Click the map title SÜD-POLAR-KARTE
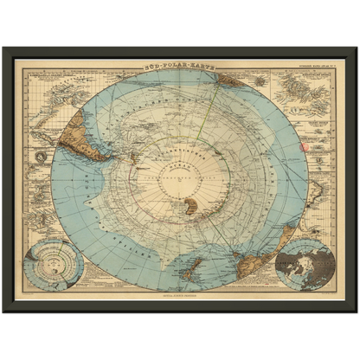(179, 63)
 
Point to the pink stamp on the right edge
(303, 145)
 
